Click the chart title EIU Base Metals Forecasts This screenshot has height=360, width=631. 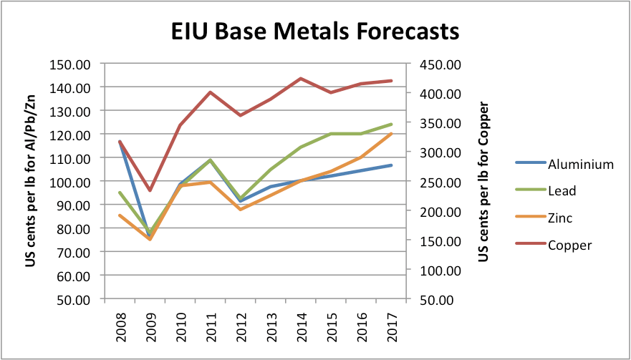click(x=314, y=32)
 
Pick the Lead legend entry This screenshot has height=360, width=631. click(x=562, y=191)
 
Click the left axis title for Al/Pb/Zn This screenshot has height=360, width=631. click(x=32, y=180)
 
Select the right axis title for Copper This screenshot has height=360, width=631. click(x=483, y=180)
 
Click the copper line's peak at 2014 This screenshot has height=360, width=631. click(x=301, y=79)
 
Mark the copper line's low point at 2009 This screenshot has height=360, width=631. click(x=150, y=190)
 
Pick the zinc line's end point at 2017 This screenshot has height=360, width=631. click(x=391, y=134)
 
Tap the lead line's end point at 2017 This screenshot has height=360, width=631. click(x=391, y=125)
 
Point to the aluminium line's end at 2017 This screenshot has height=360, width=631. click(x=391, y=165)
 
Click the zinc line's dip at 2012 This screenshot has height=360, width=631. click(x=240, y=209)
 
